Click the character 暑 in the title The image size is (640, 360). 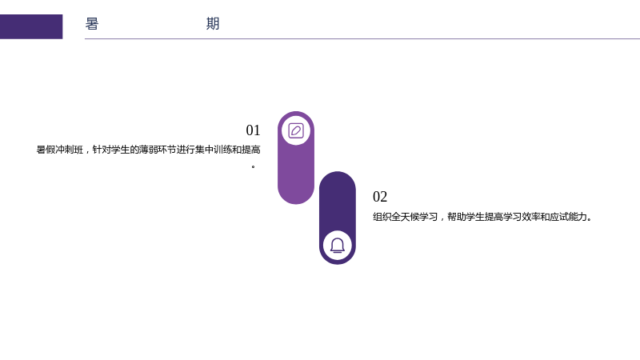coord(92,24)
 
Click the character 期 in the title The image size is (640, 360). coord(213,24)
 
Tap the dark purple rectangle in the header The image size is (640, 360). coord(31,26)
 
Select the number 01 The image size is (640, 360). coord(253,130)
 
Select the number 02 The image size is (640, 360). coord(380,197)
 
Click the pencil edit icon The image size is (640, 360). coord(296,130)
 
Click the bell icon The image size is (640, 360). coord(338,246)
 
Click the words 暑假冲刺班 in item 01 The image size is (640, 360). coord(59,150)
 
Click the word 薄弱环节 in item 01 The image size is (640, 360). coord(157,150)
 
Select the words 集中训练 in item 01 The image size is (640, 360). coord(213,150)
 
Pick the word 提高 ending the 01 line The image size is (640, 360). coord(251,150)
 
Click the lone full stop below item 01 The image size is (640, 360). coord(254,166)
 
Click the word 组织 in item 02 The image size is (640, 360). coord(382,217)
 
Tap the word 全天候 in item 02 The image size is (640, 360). coord(406,217)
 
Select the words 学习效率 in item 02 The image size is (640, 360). coord(522,217)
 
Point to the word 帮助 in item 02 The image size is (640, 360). coord(456,217)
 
